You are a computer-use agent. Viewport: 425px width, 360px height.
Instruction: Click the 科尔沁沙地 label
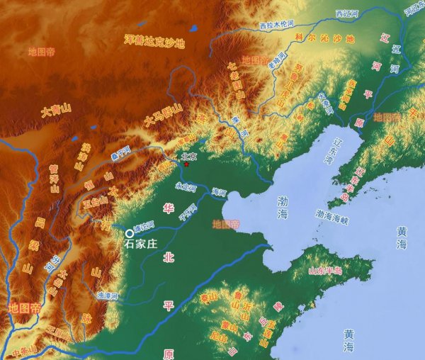click(324, 40)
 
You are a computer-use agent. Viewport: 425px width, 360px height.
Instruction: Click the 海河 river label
click(219, 191)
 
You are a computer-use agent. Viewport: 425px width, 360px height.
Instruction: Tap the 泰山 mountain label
click(209, 298)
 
